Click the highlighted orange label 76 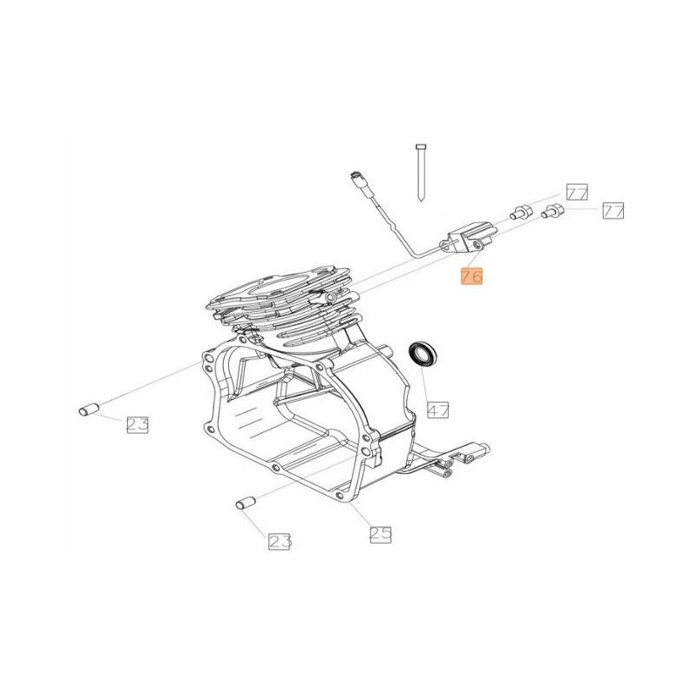[x=470, y=278]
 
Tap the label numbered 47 [x=437, y=407]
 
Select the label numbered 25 [x=379, y=534]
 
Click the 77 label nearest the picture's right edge [x=613, y=210]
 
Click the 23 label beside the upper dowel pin [x=138, y=424]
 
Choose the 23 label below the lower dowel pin [x=279, y=541]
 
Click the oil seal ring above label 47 [x=424, y=354]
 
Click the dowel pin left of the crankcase [x=91, y=408]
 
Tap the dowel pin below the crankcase [x=244, y=503]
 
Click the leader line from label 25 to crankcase [x=363, y=511]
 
